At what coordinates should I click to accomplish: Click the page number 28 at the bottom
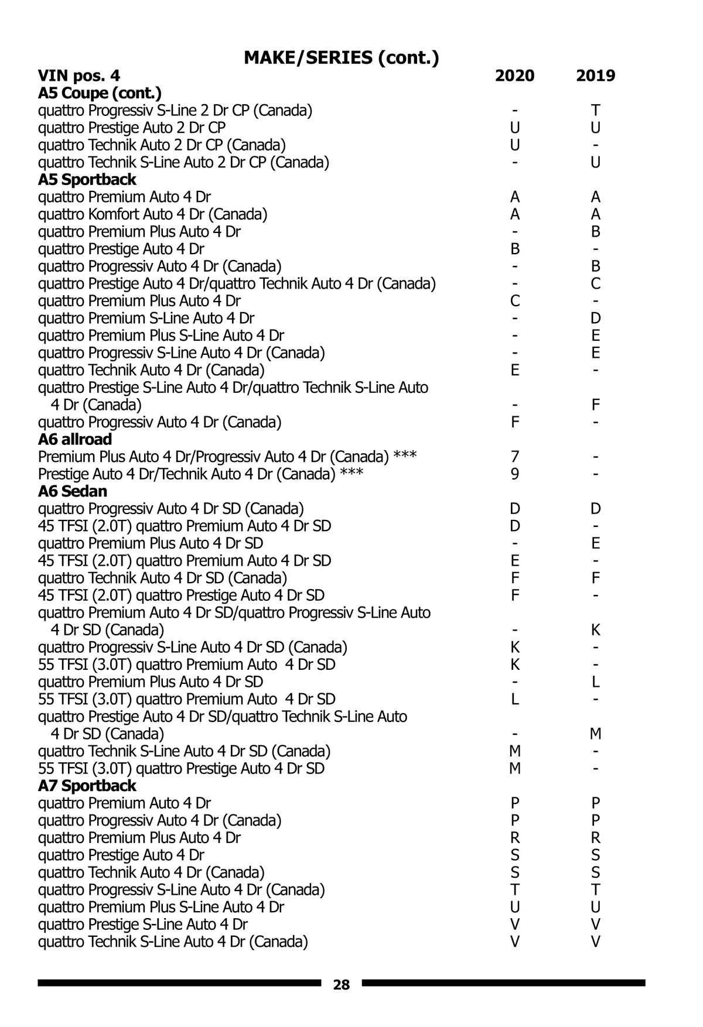pyautogui.click(x=341, y=985)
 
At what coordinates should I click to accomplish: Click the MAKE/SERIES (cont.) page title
pyautogui.click(x=341, y=57)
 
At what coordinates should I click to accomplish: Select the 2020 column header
pyautogui.click(x=514, y=76)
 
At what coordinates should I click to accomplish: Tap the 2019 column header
pyautogui.click(x=595, y=76)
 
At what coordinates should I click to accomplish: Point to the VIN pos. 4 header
pyautogui.click(x=79, y=76)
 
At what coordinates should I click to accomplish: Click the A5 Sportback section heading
pyautogui.click(x=87, y=180)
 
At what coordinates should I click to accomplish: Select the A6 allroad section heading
pyautogui.click(x=74, y=439)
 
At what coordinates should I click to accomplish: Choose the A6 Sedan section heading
pyautogui.click(x=73, y=491)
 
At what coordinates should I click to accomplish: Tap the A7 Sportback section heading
pyautogui.click(x=87, y=786)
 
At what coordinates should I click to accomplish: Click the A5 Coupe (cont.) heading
pyautogui.click(x=100, y=93)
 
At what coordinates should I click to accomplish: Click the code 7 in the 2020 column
pyautogui.click(x=514, y=457)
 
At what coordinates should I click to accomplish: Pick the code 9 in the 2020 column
pyautogui.click(x=514, y=474)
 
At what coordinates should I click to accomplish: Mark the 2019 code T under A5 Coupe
pyautogui.click(x=595, y=111)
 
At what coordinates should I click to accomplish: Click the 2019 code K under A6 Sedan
pyautogui.click(x=595, y=630)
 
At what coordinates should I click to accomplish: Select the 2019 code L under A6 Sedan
pyautogui.click(x=595, y=682)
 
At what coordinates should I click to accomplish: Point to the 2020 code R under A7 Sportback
pyautogui.click(x=514, y=838)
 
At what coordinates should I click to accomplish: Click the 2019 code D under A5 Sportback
pyautogui.click(x=595, y=319)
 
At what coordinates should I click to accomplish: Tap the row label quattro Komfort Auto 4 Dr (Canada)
pyautogui.click(x=152, y=214)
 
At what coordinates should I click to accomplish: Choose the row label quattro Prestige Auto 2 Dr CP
pyautogui.click(x=132, y=128)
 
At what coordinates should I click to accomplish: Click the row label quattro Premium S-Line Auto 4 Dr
pyautogui.click(x=146, y=319)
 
